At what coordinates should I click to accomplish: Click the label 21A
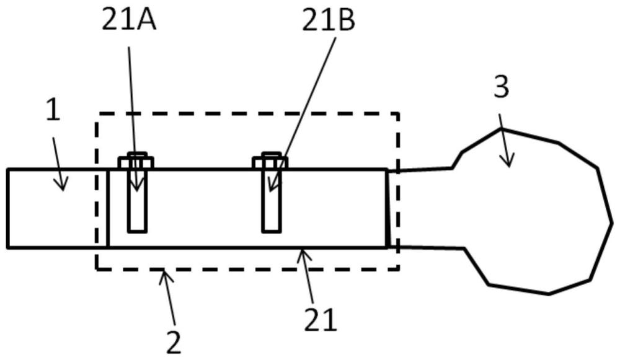[130, 20]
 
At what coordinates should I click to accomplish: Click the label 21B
[329, 21]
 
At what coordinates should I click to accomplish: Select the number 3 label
[502, 87]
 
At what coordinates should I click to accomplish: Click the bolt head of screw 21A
[136, 161]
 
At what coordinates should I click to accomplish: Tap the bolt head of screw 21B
[270, 161]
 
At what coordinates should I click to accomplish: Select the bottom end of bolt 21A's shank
[137, 231]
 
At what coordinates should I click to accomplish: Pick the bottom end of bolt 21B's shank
[272, 231]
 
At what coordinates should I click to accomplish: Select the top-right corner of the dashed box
[398, 113]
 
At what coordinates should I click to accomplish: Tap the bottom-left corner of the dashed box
[97, 270]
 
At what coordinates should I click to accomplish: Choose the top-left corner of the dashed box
[98, 113]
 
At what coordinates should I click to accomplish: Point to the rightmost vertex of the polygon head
[613, 223]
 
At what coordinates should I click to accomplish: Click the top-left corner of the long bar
[7, 170]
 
